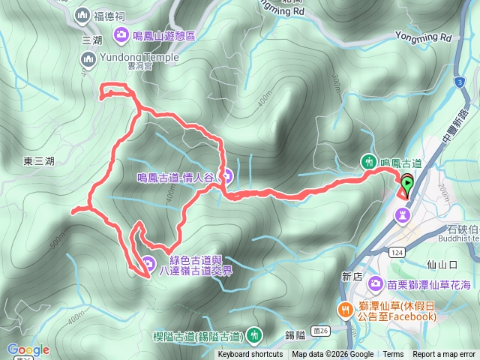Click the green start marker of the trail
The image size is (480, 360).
(406, 181)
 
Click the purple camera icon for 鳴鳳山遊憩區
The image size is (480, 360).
(120, 34)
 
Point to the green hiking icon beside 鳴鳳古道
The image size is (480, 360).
(368, 160)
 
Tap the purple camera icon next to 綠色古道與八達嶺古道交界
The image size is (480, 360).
(148, 263)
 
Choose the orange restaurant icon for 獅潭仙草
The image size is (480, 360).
(346, 308)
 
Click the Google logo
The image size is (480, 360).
(28, 349)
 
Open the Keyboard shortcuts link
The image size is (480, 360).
(250, 355)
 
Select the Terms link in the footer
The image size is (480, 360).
(393, 355)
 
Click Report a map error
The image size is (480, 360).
(444, 355)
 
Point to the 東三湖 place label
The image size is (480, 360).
(39, 160)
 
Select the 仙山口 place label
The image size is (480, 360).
(441, 264)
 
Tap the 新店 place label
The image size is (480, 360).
(352, 276)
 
